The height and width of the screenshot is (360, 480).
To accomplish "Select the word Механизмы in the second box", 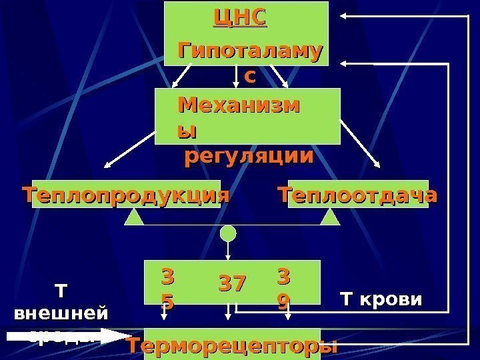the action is pos(238,107).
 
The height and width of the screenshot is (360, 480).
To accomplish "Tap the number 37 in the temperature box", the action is pos(233,283).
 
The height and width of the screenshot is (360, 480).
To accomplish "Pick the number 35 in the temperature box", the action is pos(167,289).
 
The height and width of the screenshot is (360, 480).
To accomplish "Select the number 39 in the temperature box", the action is pos(283,289).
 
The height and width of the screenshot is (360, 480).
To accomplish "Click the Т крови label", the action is pos(381,299).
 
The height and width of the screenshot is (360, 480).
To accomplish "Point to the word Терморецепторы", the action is pos(233,346).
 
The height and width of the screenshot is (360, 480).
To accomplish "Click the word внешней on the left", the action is pos(60,312).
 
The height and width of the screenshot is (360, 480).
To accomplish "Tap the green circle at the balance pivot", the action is pos(229,233).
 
